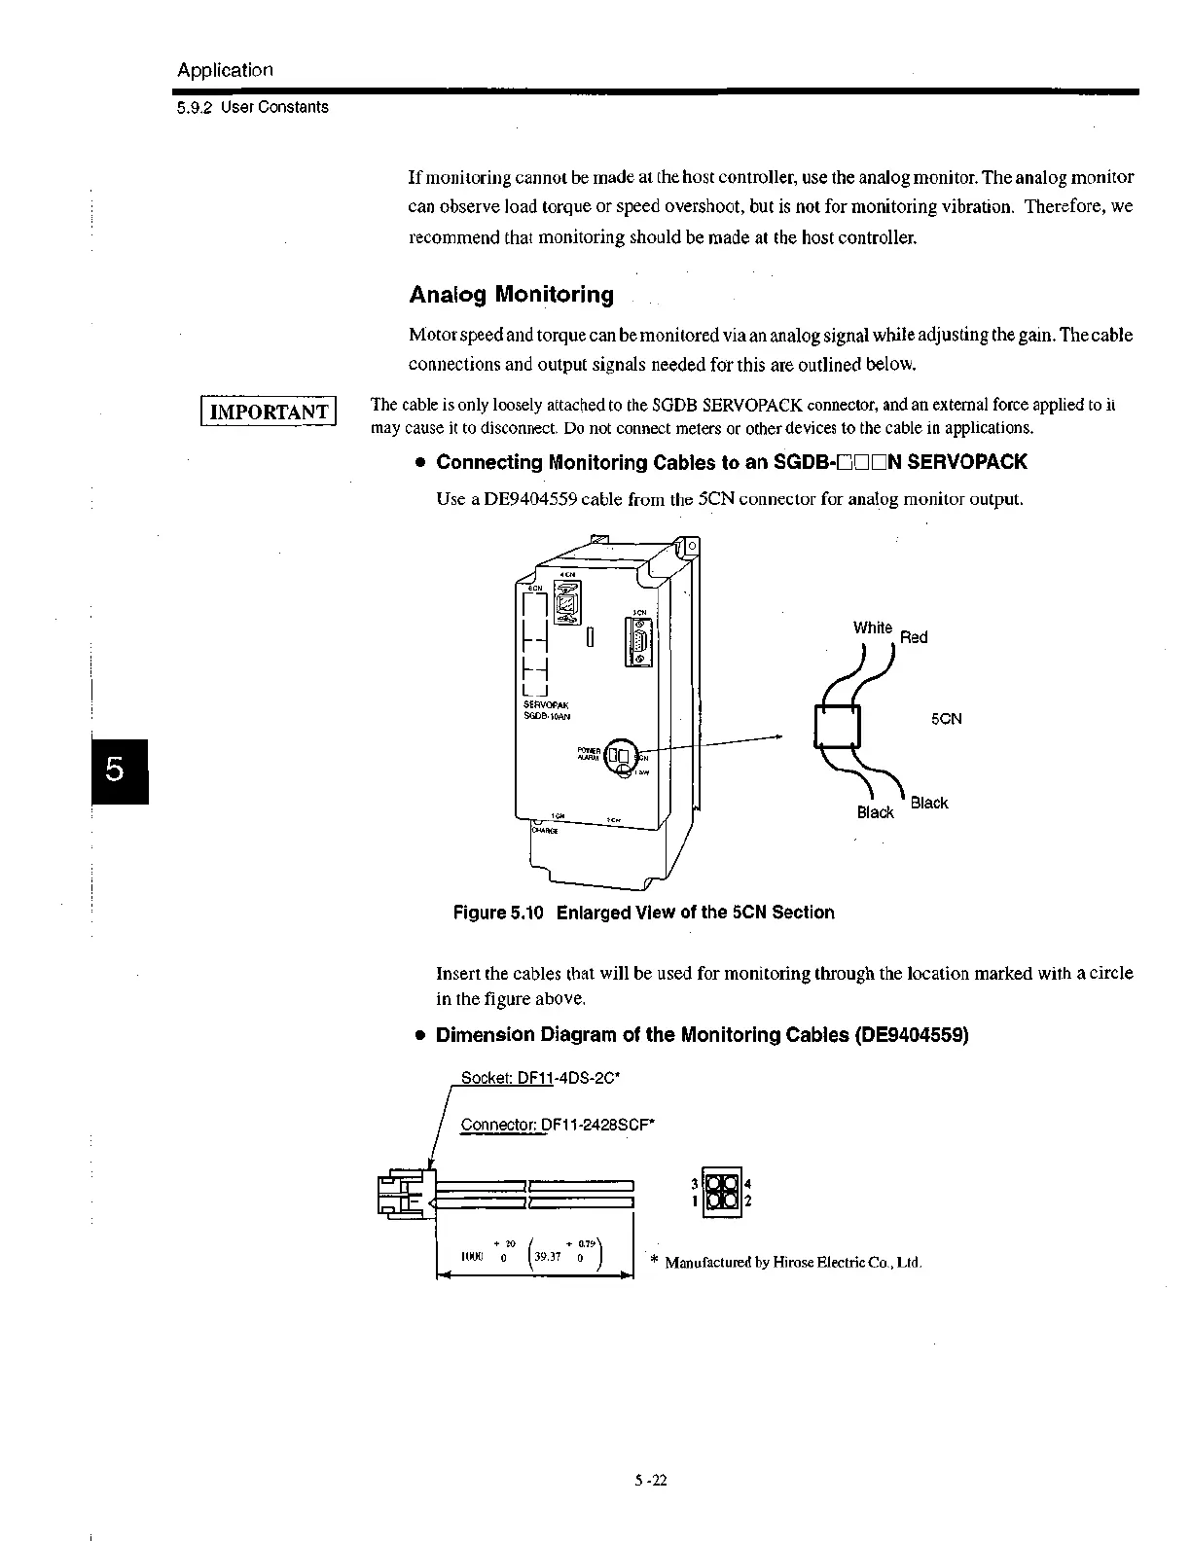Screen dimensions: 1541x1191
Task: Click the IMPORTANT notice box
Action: [x=268, y=411]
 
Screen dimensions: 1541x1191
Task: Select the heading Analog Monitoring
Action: [x=511, y=294]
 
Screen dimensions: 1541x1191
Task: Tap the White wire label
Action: [x=872, y=627]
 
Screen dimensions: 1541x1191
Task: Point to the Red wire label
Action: [x=914, y=637]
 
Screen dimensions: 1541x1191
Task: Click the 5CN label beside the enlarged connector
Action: [x=946, y=719]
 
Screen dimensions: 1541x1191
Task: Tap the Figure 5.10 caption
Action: [x=644, y=913]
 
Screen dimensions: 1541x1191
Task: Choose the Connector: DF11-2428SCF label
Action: [x=558, y=1125]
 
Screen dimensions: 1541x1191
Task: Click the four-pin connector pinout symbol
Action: [x=721, y=1192]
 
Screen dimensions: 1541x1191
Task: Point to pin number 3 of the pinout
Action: [x=695, y=1184]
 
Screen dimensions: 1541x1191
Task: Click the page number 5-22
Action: [x=651, y=1481]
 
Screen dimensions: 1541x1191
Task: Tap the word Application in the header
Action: [x=225, y=70]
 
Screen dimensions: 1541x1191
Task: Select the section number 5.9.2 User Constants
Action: [x=253, y=107]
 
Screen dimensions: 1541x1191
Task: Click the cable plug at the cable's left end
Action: [x=404, y=1193]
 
